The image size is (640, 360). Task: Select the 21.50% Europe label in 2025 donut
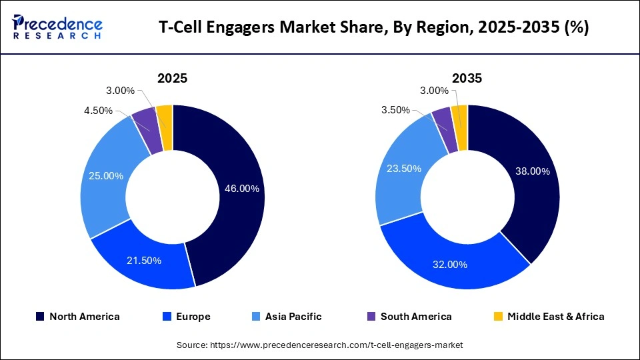click(144, 261)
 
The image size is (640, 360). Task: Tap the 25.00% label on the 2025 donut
click(105, 176)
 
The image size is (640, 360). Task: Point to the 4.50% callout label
click(98, 111)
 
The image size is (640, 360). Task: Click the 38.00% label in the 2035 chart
click(532, 171)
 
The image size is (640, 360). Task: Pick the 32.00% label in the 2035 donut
click(449, 264)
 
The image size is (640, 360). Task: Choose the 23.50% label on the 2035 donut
click(403, 169)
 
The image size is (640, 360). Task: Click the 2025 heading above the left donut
click(172, 78)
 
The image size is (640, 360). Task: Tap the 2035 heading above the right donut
click(467, 78)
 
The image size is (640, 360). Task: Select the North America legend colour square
click(41, 317)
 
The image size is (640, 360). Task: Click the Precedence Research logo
click(57, 27)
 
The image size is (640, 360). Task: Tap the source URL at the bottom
click(319, 345)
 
